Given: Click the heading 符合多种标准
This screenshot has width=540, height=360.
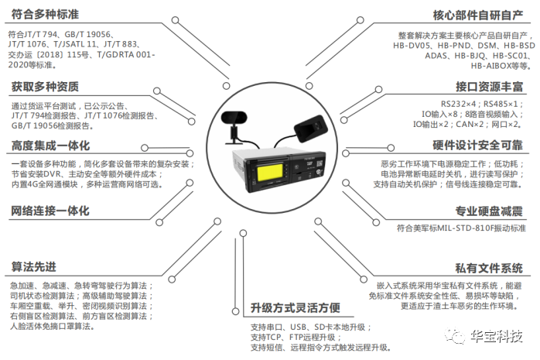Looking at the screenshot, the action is (45, 15).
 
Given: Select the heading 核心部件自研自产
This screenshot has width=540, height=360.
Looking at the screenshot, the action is (478, 15).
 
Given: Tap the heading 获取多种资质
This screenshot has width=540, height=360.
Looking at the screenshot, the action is (45, 87).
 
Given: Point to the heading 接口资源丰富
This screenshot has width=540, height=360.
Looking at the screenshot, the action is (490, 87).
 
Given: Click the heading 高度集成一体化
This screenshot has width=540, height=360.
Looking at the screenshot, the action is (50, 146).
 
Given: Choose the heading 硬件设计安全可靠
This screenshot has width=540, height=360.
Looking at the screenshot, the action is (478, 146).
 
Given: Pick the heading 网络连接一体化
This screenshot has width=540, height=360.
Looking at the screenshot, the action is (50, 211).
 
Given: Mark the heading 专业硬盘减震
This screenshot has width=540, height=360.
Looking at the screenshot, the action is (489, 211).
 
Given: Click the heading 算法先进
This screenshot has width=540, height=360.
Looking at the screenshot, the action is (34, 266).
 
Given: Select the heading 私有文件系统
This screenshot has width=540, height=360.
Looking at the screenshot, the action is (489, 268).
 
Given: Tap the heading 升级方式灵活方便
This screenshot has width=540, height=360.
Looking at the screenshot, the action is (296, 307).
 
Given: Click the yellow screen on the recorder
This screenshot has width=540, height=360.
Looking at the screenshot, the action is (270, 172).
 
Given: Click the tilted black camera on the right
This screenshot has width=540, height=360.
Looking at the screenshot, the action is (311, 129).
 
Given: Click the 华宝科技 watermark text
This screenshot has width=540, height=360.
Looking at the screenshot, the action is (497, 335).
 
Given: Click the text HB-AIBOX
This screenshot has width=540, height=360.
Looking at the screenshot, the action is (490, 66).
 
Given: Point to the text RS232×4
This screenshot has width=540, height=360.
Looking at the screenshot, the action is (458, 104).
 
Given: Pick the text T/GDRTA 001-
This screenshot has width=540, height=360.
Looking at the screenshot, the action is (126, 55).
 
